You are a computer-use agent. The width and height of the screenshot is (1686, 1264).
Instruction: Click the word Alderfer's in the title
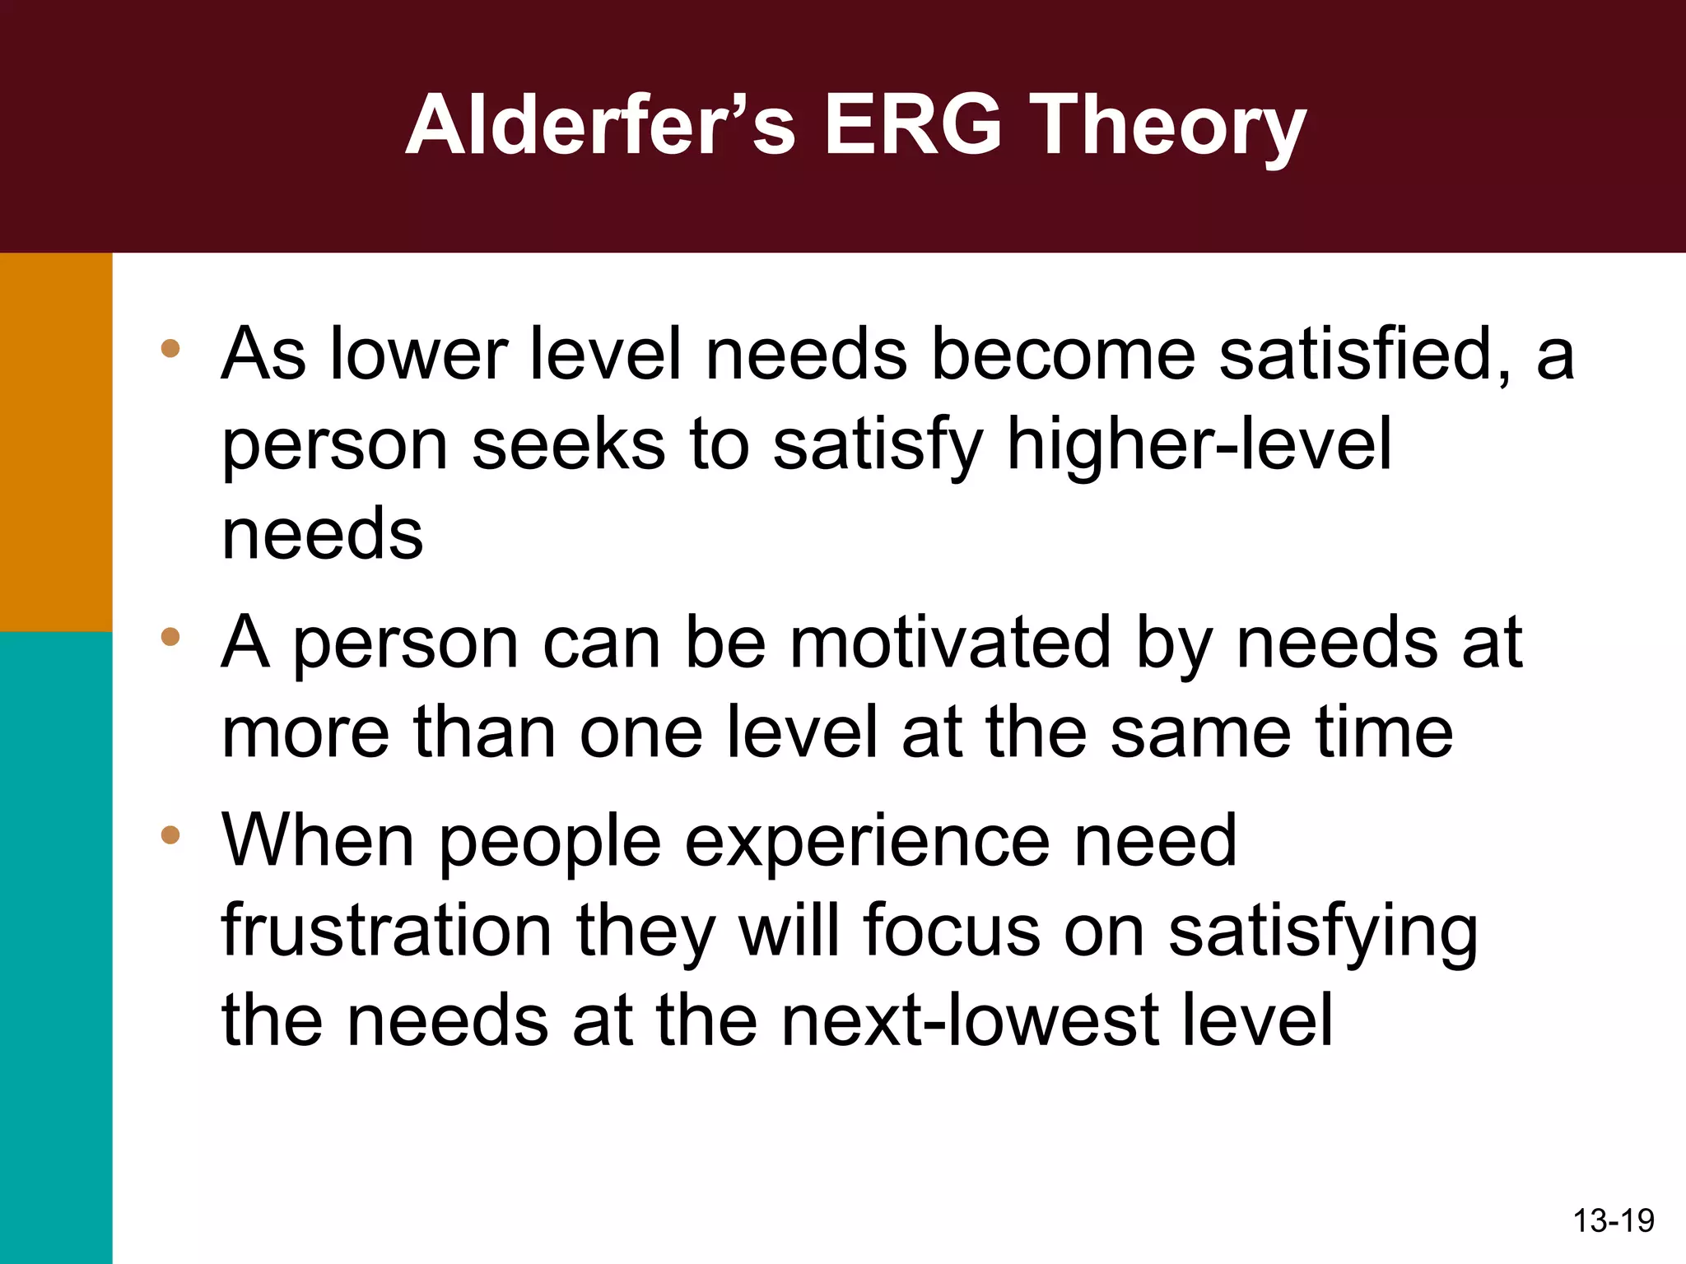[x=600, y=125]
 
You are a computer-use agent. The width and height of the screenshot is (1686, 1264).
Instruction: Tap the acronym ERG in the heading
[x=914, y=125]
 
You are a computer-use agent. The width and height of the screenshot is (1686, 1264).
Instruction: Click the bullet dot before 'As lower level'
[x=170, y=348]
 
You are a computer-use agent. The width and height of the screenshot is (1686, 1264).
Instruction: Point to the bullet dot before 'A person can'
[x=170, y=636]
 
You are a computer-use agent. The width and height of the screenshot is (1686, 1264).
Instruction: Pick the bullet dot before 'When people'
[x=170, y=835]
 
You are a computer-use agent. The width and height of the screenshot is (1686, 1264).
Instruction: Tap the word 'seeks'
[x=568, y=444]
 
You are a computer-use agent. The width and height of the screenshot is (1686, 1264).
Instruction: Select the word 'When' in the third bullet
[x=318, y=841]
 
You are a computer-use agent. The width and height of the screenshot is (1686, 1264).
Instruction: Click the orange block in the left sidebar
[x=56, y=442]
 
